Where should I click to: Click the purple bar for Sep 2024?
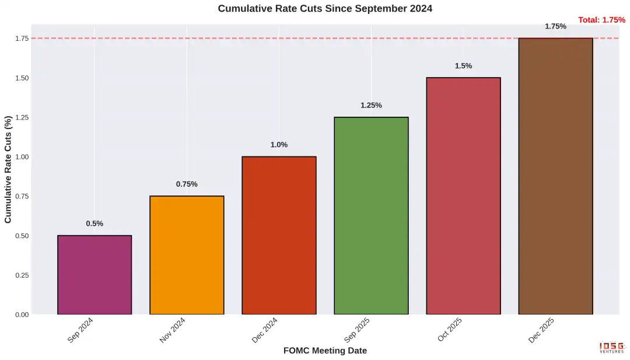(94, 275)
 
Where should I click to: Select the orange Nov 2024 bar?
(187, 255)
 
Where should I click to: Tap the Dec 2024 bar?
(279, 235)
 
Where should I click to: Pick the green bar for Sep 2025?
(371, 215)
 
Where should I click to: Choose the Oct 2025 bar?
(463, 196)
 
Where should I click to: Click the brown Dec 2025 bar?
(555, 176)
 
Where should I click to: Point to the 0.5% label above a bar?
(94, 223)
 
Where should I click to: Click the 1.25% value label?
(371, 106)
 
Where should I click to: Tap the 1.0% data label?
(279, 145)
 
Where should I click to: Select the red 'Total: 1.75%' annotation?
(601, 20)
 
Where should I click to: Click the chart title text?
(325, 9)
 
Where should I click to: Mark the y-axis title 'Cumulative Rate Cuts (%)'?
(8, 170)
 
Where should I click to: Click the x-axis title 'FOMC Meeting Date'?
(325, 351)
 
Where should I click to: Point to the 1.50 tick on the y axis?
(21, 78)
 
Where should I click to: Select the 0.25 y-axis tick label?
(21, 275)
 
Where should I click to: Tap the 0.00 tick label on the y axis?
(21, 315)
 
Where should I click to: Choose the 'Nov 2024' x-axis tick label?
(173, 330)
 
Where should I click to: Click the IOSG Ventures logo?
(611, 348)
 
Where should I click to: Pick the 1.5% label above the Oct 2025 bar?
(463, 66)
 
